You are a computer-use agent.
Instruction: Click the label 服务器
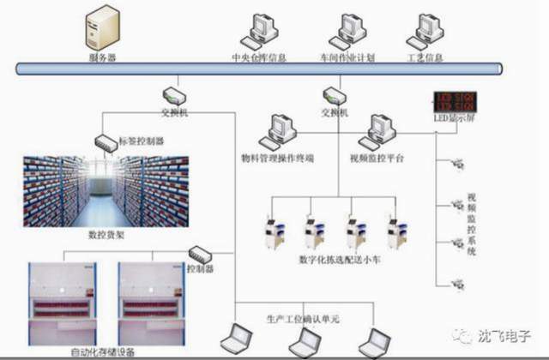tap(102, 58)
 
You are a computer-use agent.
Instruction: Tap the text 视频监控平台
tap(376, 158)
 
